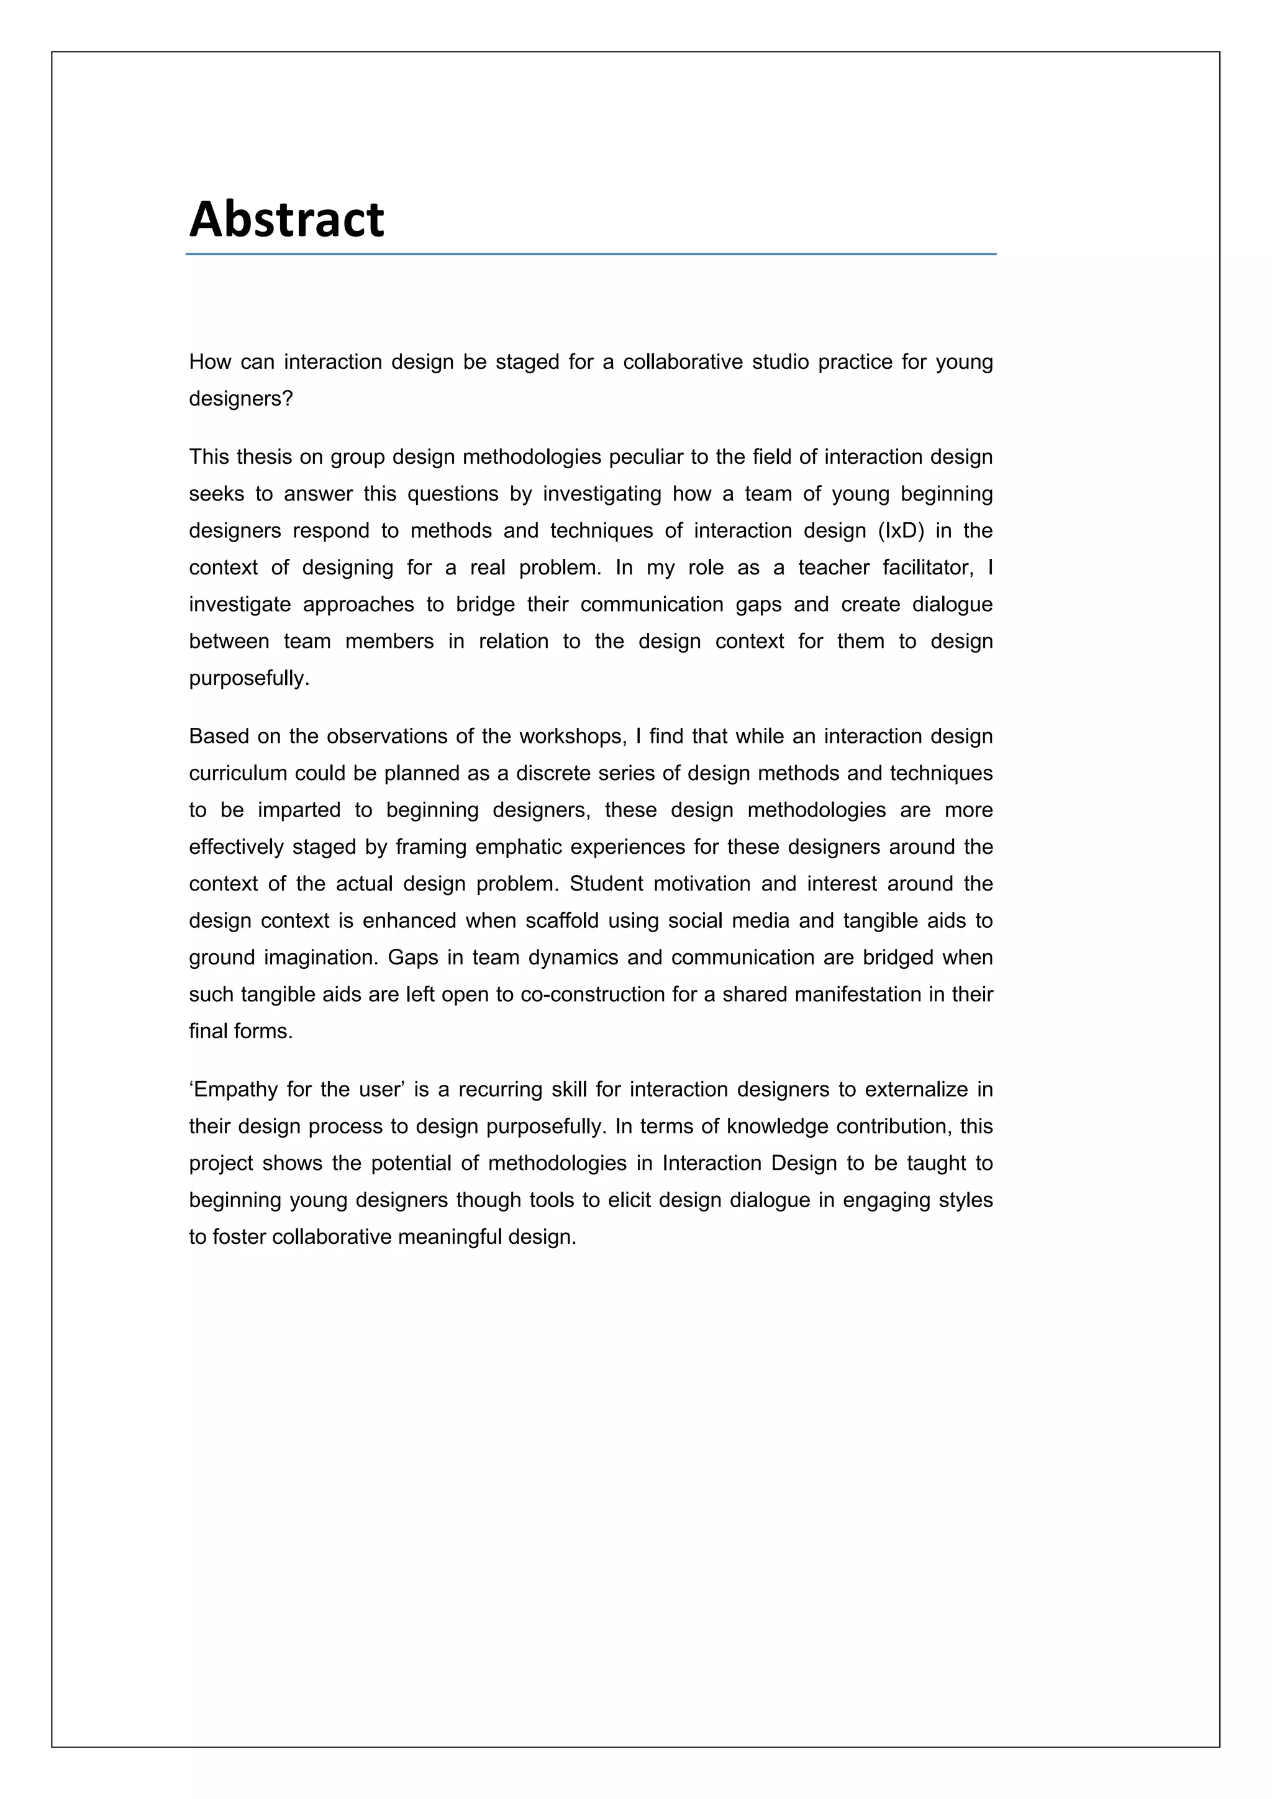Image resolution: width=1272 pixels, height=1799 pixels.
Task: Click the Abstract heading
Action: point(287,219)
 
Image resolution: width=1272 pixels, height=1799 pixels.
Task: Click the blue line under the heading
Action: point(590,254)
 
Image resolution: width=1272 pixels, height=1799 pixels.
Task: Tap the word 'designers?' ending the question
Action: point(240,399)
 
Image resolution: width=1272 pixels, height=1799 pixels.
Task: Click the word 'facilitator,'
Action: point(928,568)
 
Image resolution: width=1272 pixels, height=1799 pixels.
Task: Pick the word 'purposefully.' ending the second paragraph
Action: point(249,677)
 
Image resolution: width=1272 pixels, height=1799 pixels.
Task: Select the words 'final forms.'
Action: point(240,1031)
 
